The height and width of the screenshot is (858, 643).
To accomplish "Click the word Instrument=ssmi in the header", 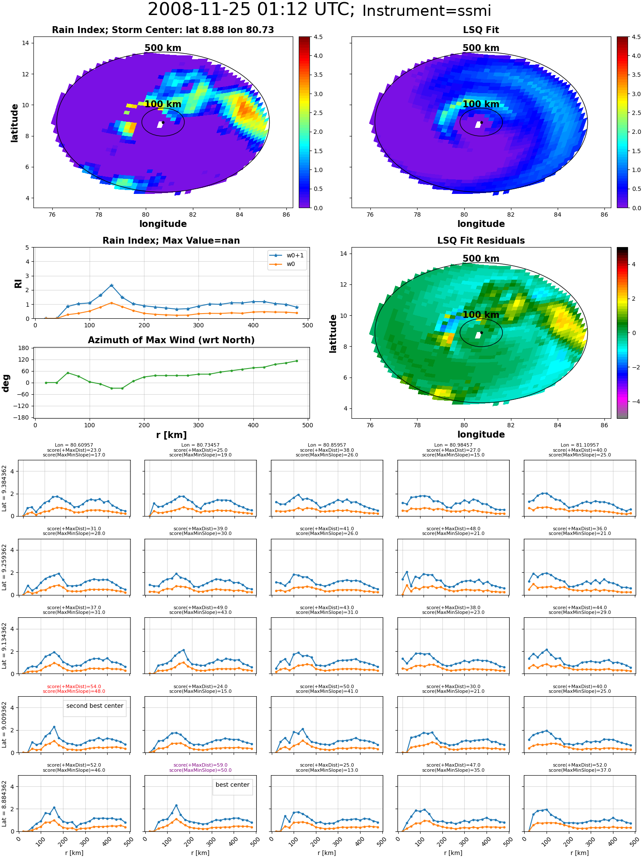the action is click(427, 11).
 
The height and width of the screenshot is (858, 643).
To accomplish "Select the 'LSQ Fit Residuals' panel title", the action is click(481, 241).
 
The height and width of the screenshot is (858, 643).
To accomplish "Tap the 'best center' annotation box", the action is click(232, 785).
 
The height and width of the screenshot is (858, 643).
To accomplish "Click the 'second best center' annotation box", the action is click(95, 706).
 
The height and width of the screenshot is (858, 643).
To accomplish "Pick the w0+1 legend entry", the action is click(287, 256).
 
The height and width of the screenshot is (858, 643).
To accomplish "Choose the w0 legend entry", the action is click(282, 264).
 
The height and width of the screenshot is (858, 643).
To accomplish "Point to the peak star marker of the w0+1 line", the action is click(111, 285).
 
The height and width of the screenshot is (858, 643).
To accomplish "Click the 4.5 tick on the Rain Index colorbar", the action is click(318, 37).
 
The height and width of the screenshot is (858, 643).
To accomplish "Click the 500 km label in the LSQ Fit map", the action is click(481, 48).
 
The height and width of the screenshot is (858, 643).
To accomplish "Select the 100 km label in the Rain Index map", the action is click(163, 104).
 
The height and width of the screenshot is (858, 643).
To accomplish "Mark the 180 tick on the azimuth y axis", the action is click(24, 348).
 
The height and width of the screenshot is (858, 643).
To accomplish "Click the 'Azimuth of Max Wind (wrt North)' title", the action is click(171, 340).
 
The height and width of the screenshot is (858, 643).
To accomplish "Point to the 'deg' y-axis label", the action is click(6, 383).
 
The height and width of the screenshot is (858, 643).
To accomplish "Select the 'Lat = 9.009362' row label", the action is click(4, 725).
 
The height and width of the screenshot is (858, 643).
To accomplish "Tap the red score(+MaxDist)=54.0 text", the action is click(74, 686).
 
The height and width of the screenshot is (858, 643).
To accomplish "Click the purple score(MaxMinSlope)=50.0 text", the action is click(200, 770).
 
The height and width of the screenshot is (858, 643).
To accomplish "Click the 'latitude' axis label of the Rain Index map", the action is click(15, 123).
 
